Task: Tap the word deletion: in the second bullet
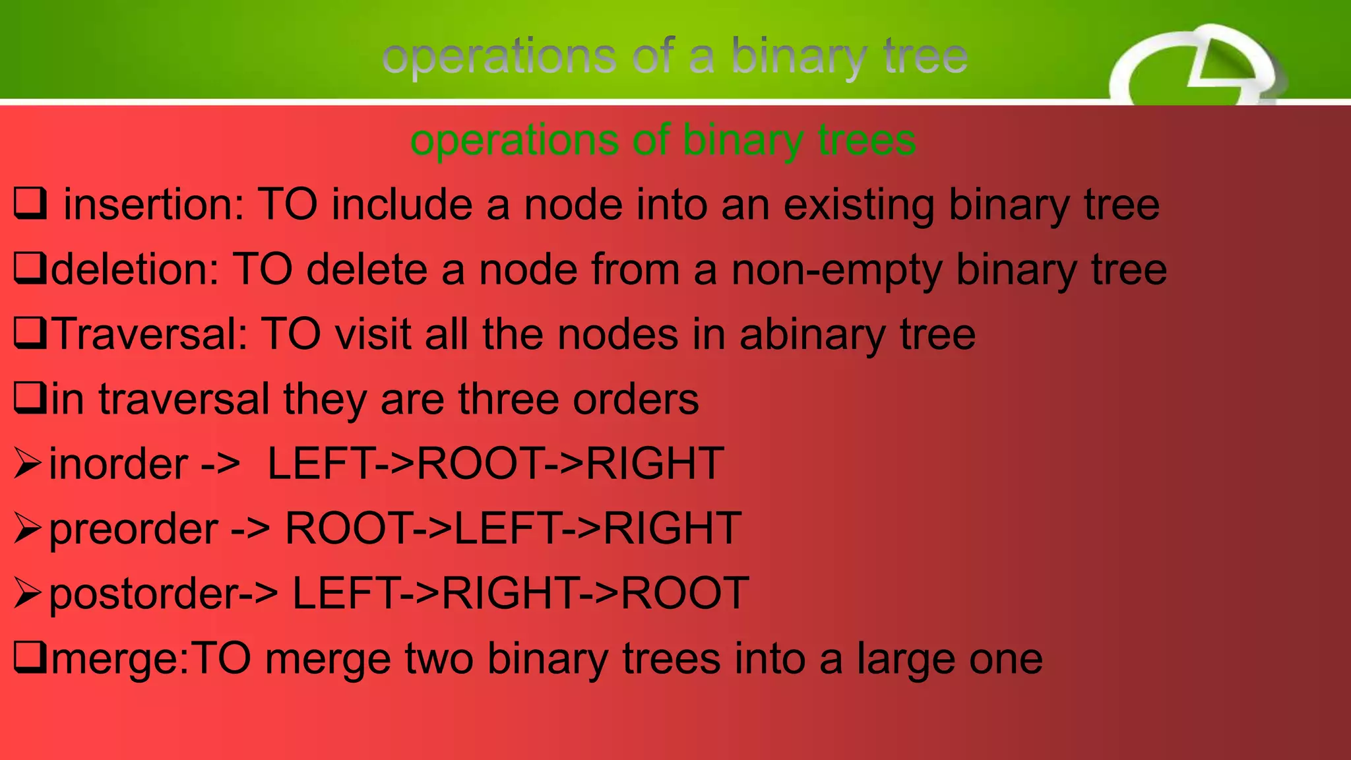pos(135,270)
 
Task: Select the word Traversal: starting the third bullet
pos(149,334)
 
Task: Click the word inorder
pos(118,464)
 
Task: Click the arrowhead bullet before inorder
pos(28,463)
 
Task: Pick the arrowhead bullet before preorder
pos(28,528)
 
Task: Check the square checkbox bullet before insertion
pos(30,204)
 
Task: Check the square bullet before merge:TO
pos(30,658)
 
